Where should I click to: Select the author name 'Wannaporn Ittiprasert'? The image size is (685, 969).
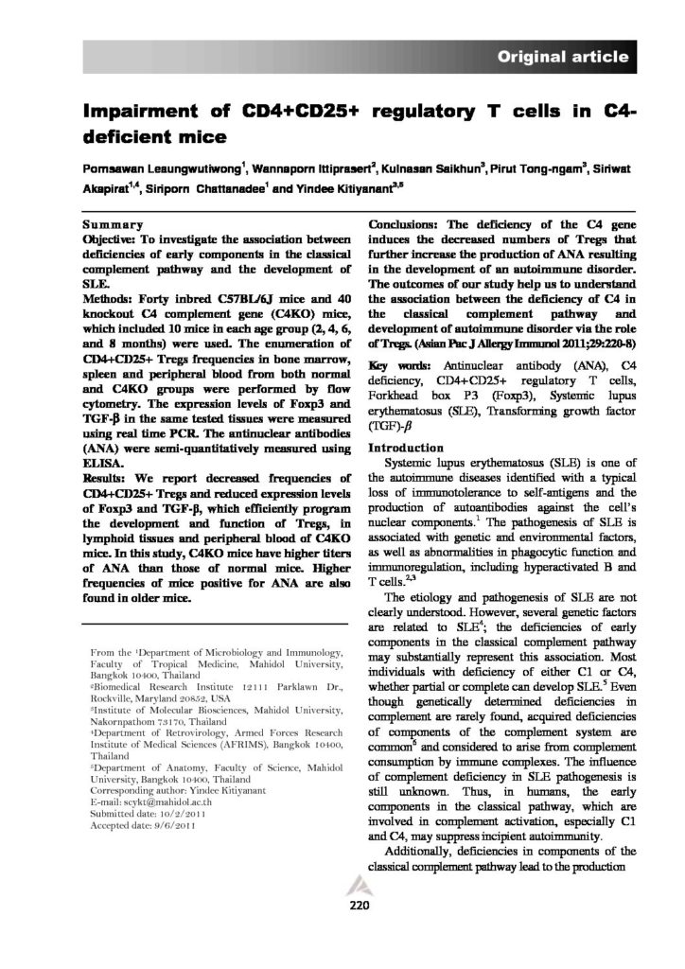310,170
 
